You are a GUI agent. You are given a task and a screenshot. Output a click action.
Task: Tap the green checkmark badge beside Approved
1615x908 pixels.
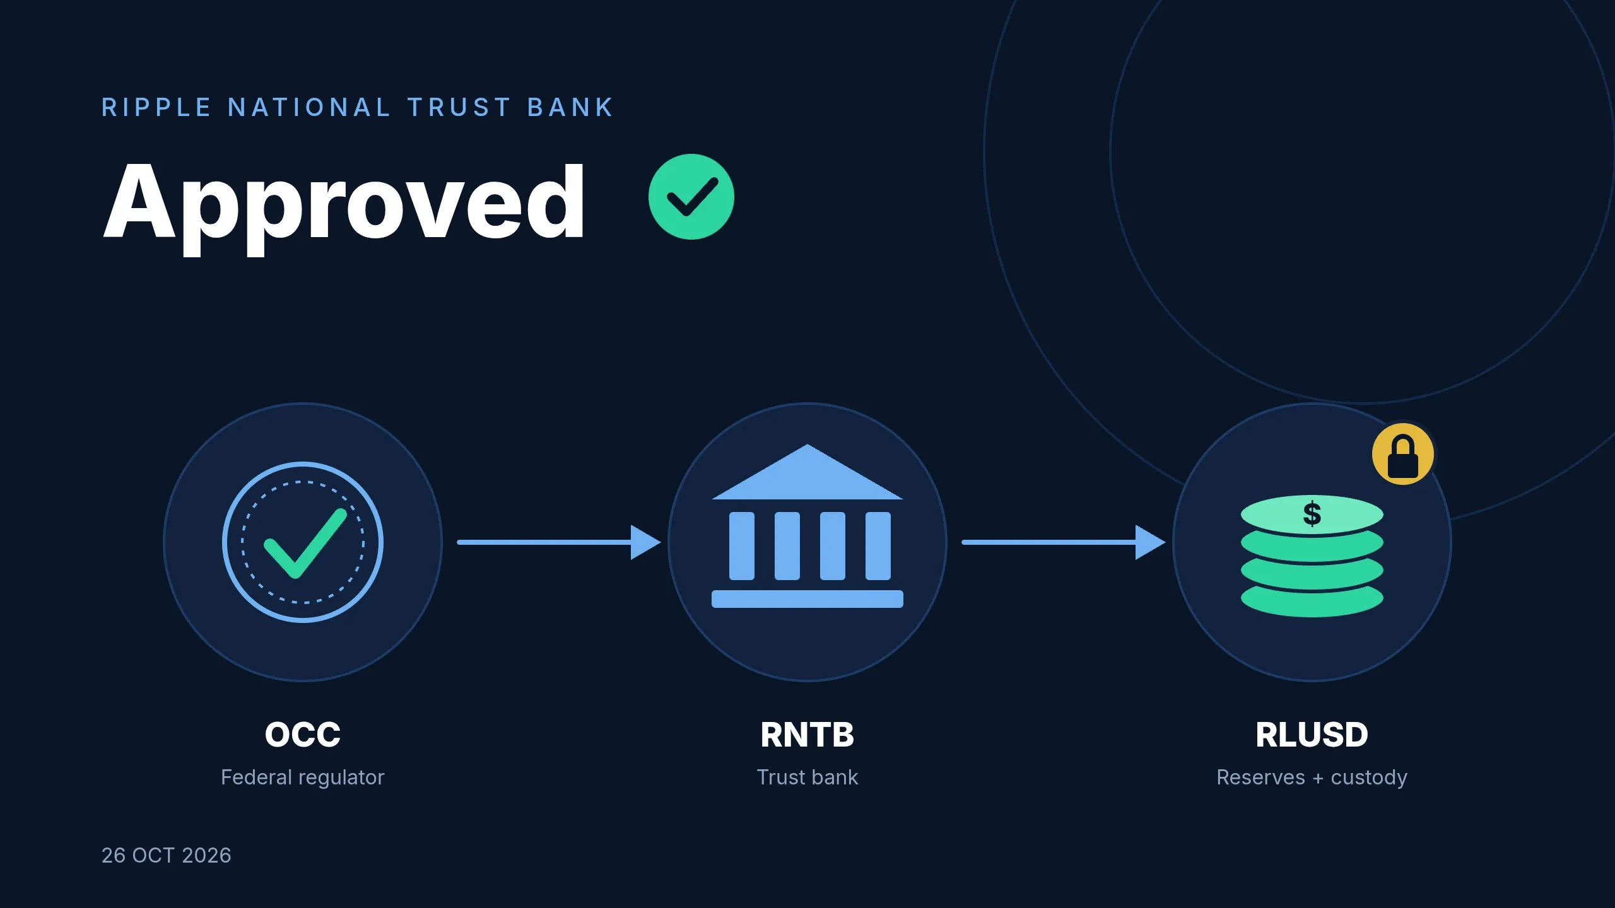point(691,197)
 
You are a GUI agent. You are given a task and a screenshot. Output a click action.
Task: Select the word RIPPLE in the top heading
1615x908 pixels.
point(156,107)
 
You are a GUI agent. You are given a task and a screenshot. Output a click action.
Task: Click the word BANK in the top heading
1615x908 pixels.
point(570,107)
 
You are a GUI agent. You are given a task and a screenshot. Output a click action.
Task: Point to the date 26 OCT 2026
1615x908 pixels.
point(167,855)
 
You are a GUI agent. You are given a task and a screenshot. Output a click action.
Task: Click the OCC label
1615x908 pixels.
point(303,735)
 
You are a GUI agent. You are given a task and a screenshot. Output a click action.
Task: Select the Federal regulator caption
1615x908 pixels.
point(303,777)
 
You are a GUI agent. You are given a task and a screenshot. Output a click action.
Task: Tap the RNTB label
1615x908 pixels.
point(807,735)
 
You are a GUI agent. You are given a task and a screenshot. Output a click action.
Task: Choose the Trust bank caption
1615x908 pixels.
point(807,777)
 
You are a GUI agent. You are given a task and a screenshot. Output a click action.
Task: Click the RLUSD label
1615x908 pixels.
point(1312,735)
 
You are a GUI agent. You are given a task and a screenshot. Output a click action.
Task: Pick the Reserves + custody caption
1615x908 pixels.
point(1312,777)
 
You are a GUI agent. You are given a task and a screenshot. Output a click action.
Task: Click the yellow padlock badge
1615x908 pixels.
point(1403,454)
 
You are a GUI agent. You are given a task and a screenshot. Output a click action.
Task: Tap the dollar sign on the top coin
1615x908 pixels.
point(1312,513)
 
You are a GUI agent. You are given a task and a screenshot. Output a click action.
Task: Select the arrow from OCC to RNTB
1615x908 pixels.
point(559,542)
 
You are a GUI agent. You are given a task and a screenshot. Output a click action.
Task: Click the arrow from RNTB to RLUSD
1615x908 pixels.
point(1064,542)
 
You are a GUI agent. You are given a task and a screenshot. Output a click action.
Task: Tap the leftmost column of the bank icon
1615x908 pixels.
point(742,546)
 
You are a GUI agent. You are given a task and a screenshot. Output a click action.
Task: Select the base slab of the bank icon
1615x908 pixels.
point(807,599)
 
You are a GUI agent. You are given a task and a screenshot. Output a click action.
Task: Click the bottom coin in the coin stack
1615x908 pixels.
point(1312,603)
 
